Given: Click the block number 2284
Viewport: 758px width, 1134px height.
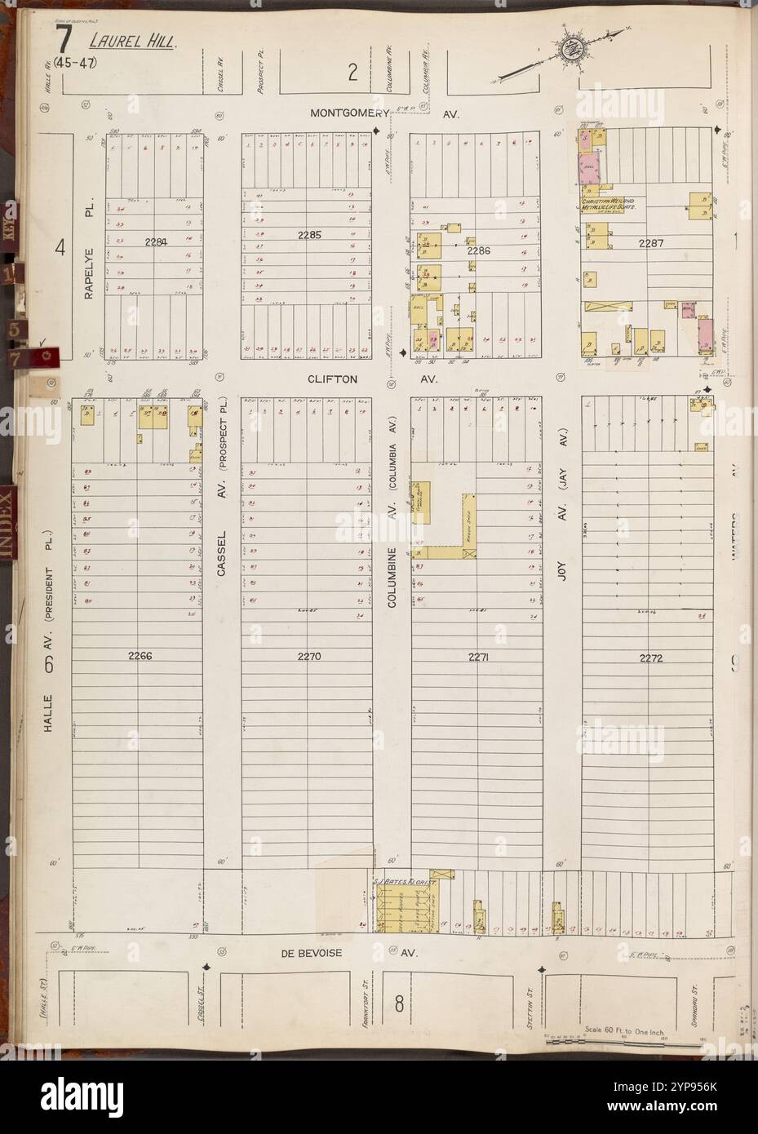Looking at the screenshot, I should [155, 241].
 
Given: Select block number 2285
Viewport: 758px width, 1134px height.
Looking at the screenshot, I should [309, 234].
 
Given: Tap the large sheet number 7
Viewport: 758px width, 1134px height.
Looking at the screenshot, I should [62, 41].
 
